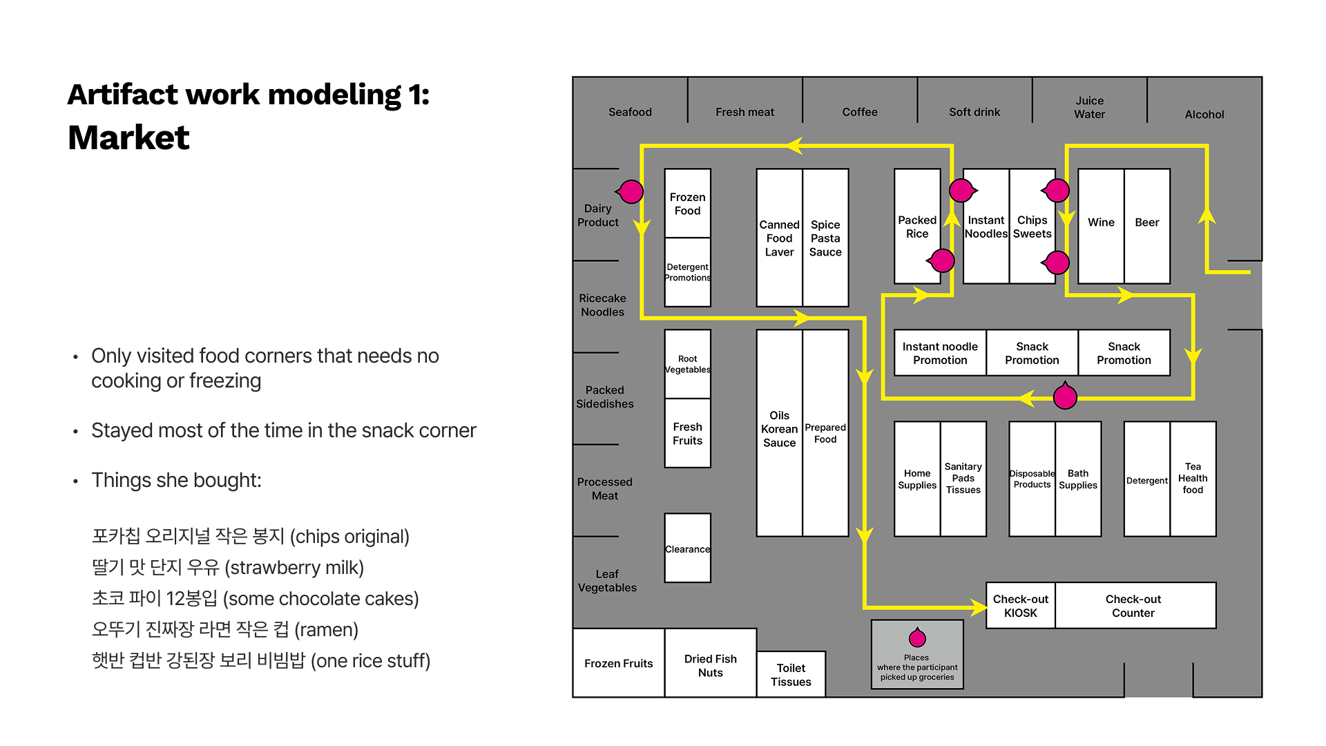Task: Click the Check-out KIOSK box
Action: [x=1020, y=606]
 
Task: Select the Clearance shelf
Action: [x=687, y=548]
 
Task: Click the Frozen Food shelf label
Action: [x=687, y=204]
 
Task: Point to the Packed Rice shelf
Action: [x=916, y=227]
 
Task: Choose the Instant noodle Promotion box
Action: [x=940, y=353]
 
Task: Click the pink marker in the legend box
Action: [x=917, y=638]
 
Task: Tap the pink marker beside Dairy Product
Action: [x=631, y=191]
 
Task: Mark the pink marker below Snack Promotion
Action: [x=1065, y=396]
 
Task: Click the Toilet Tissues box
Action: [x=791, y=675]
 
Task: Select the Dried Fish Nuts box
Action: [x=710, y=665]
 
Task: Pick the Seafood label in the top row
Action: [x=630, y=112]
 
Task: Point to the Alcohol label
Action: [x=1204, y=115]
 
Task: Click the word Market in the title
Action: [x=128, y=137]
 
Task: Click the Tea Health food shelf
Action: [x=1193, y=479]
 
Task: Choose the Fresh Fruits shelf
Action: [x=687, y=433]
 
